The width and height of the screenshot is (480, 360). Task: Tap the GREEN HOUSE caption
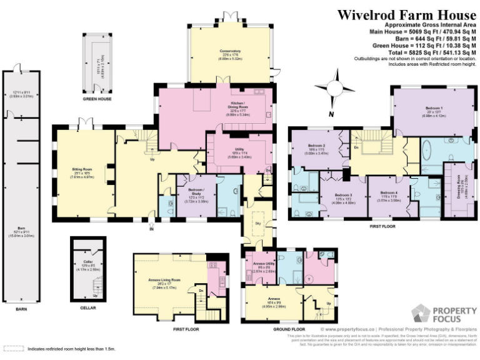click(x=97, y=99)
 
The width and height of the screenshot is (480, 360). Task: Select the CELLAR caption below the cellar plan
click(x=89, y=308)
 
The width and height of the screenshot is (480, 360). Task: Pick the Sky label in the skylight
click(x=257, y=222)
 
